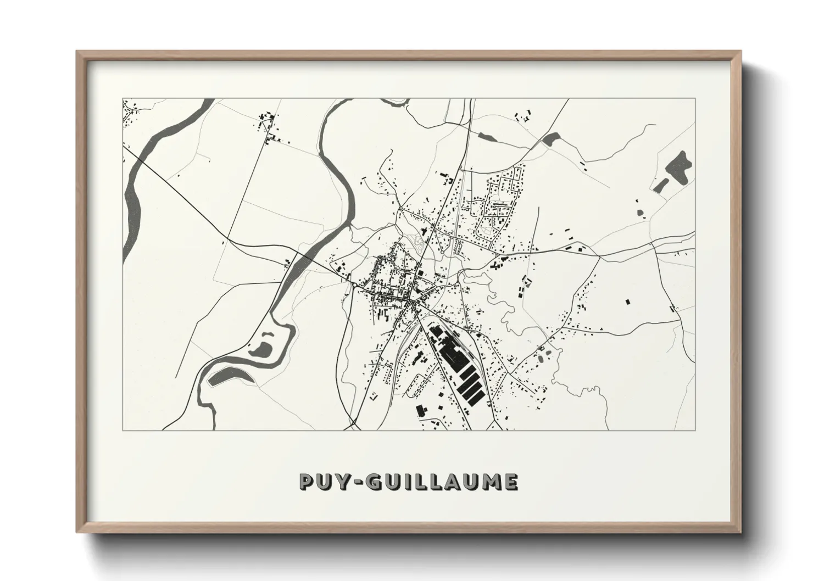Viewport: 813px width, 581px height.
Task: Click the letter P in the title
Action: point(305,482)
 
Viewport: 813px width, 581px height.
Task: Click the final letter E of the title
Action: point(510,482)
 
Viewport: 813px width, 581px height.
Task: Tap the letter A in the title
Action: point(448,482)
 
